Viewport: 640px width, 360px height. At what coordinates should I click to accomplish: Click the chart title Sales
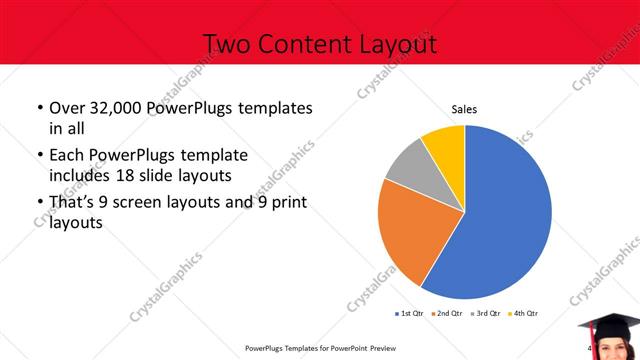tap(464, 108)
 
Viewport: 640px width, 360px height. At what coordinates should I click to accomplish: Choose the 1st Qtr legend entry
tap(411, 314)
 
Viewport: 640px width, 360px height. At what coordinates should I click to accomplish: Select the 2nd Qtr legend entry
tap(449, 314)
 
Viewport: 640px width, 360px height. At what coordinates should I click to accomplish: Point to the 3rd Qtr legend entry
tap(487, 314)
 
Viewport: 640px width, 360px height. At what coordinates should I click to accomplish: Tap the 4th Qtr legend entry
tap(524, 314)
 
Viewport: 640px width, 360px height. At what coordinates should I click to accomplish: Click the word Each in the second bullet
tap(66, 156)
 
